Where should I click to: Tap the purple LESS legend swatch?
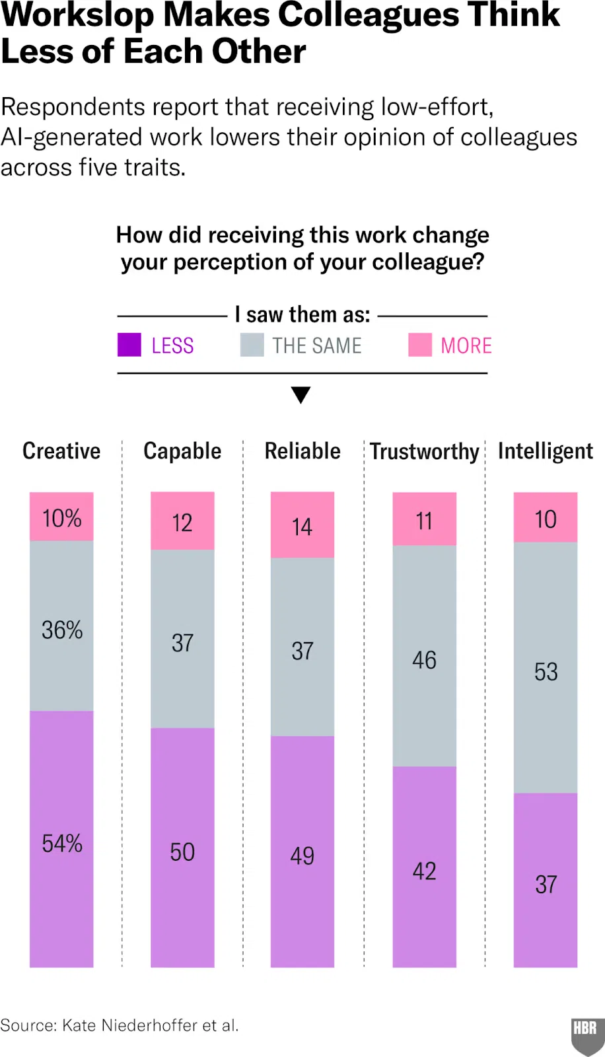point(129,345)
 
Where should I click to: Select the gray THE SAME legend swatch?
point(252,345)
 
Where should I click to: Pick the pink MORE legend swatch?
point(420,345)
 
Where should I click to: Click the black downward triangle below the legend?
point(301,395)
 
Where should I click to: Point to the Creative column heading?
point(61,451)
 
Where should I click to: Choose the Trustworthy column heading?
point(425,452)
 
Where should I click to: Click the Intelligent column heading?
point(546,451)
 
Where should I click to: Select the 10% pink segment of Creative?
point(61,517)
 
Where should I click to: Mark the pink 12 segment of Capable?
point(182,521)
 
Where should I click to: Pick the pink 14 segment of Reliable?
point(302,525)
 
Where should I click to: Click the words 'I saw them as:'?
point(302,315)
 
